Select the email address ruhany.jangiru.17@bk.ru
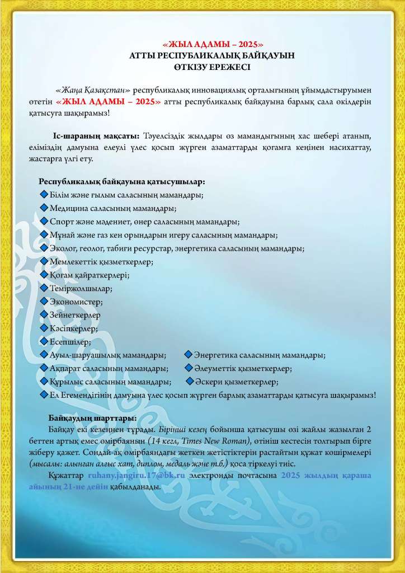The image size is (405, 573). [x=136, y=475]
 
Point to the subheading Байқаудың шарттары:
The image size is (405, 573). [x=92, y=418]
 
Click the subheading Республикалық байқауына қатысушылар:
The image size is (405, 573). [x=121, y=182]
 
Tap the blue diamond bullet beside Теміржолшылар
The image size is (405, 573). [x=45, y=288]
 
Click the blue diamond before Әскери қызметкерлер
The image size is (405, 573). [x=189, y=382]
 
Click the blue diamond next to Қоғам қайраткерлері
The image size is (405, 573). [x=45, y=274]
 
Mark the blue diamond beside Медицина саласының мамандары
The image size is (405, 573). [x=45, y=208]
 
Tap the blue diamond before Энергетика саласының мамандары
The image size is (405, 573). [x=189, y=355]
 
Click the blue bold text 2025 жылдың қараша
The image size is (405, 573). [x=326, y=475]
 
